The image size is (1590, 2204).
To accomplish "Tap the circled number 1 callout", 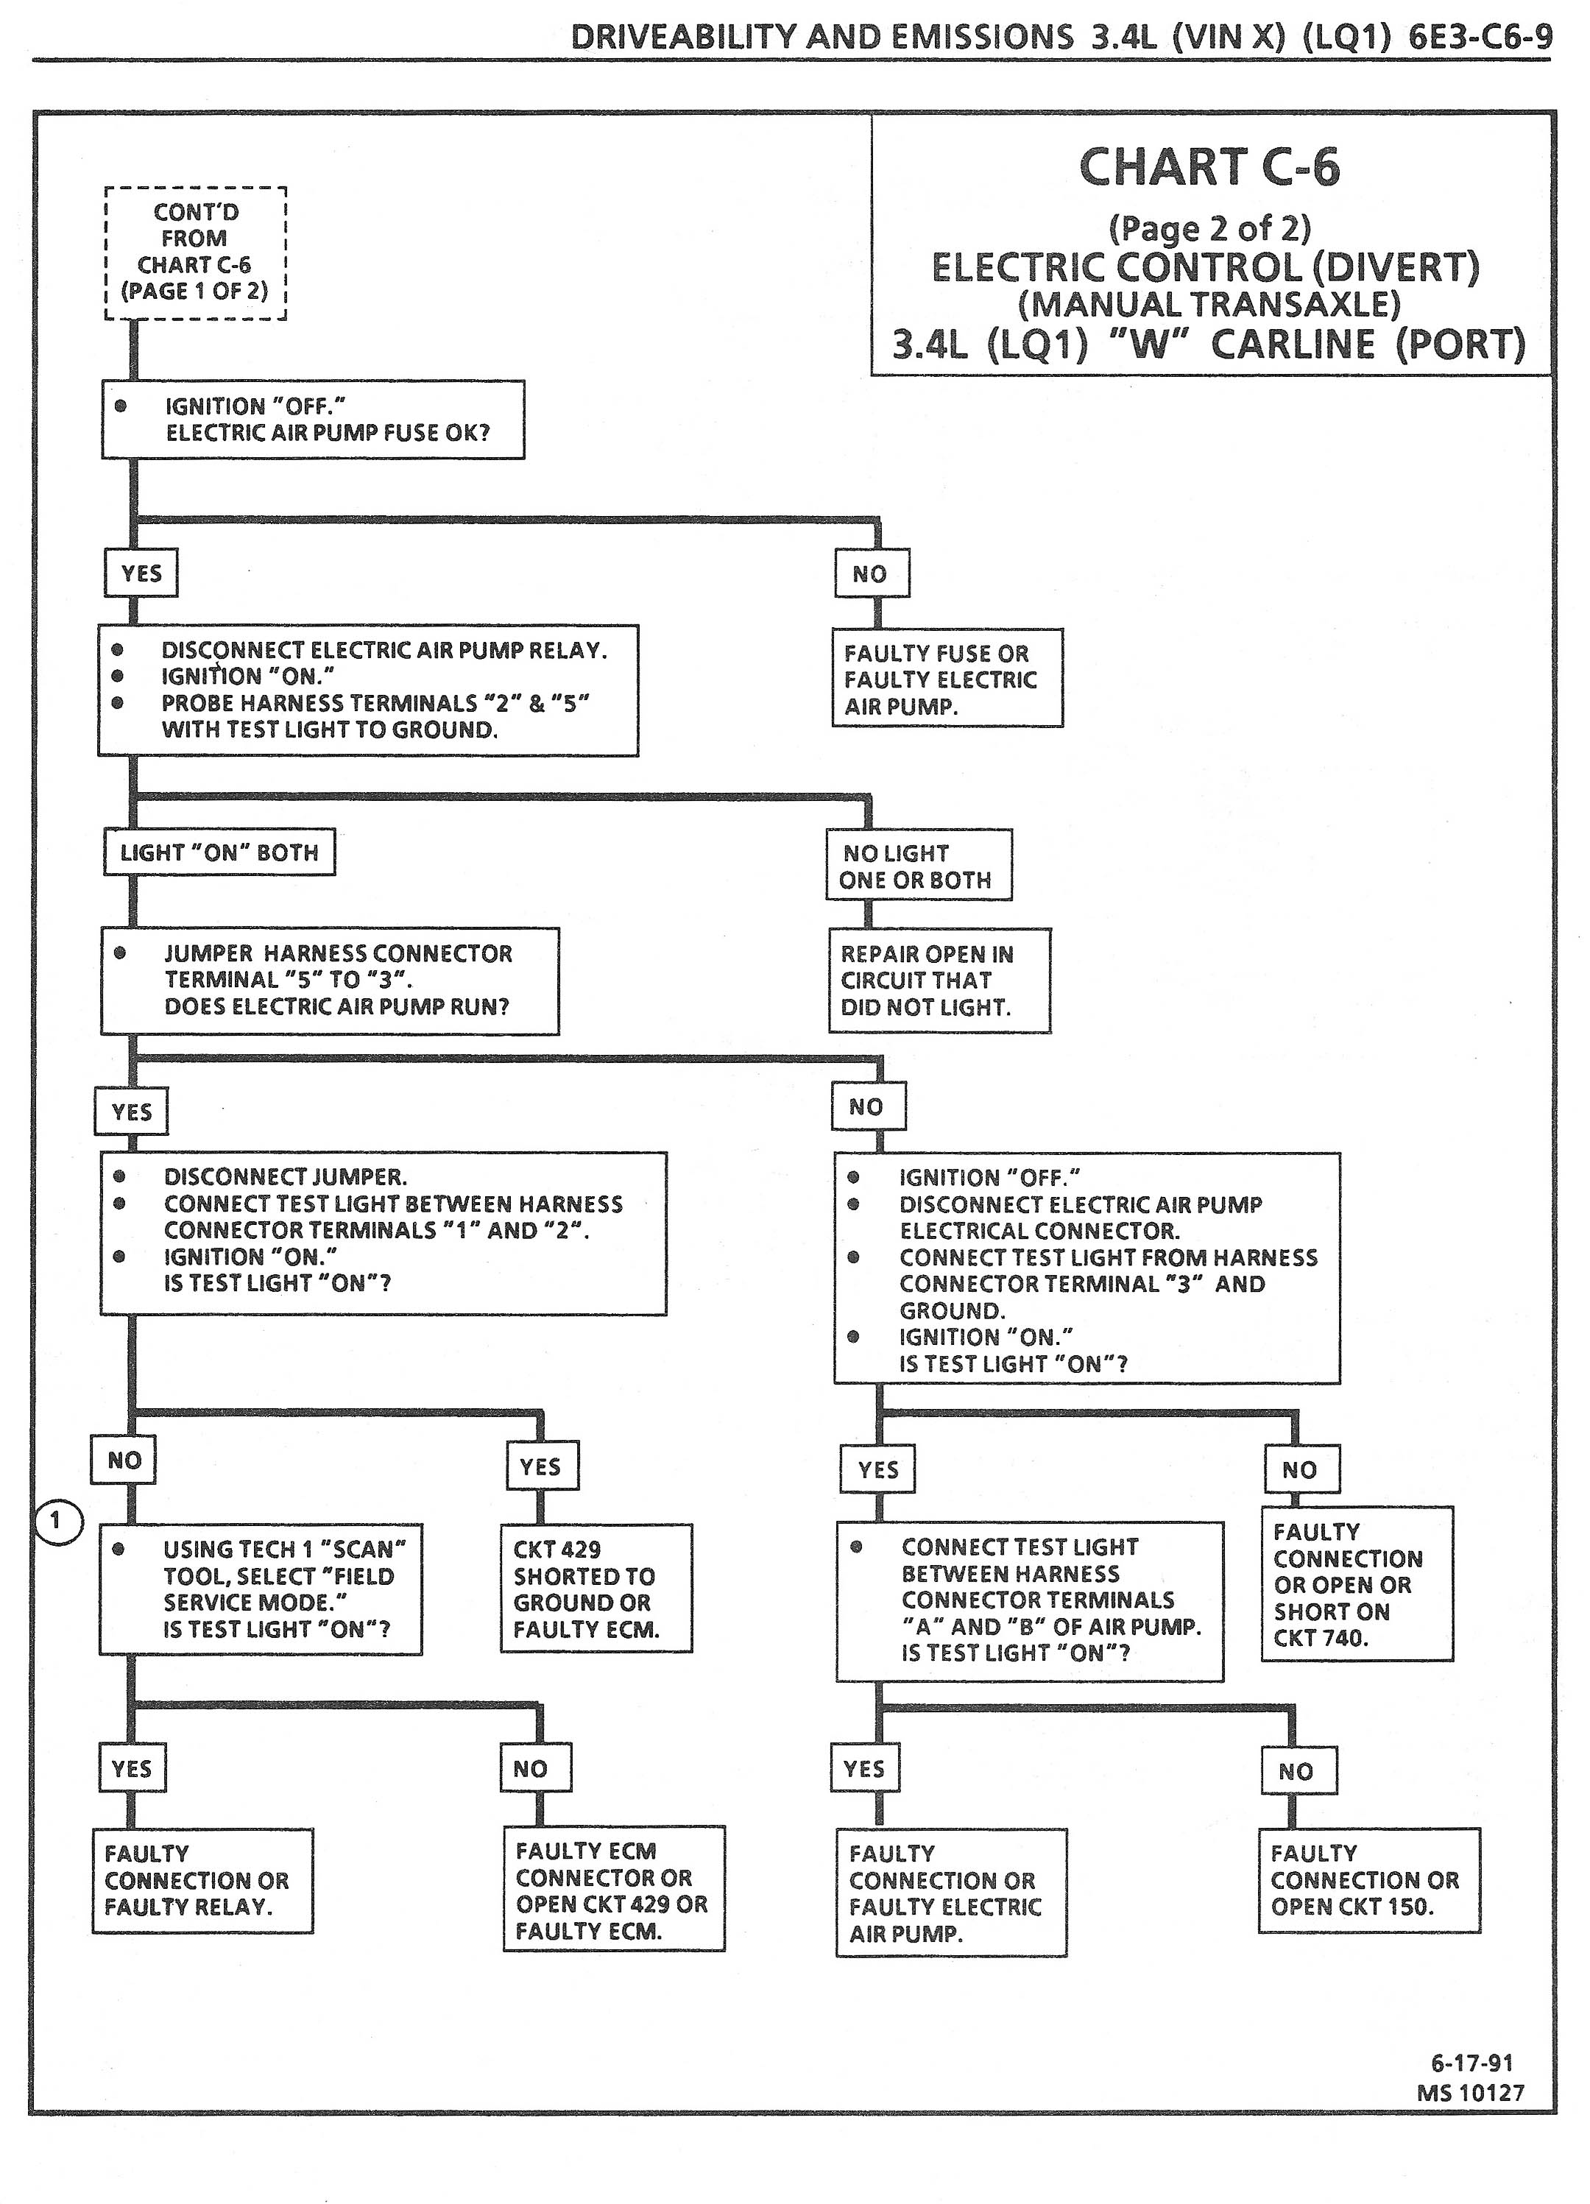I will (x=57, y=1522).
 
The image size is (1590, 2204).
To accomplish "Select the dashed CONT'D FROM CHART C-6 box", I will (x=195, y=252).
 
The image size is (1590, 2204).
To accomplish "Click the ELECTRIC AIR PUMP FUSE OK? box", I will (x=313, y=420).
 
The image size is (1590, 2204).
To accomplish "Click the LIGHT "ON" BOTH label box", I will (x=219, y=853).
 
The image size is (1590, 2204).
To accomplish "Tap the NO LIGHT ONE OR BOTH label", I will (x=917, y=866).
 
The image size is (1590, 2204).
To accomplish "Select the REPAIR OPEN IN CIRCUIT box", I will (x=939, y=981).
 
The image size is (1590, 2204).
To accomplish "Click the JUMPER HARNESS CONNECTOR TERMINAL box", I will (x=330, y=981).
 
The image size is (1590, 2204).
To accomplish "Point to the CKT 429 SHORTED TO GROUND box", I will (x=596, y=1589).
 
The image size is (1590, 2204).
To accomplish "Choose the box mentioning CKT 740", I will (x=1357, y=1585).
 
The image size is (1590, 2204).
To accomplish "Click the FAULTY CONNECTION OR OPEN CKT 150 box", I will (x=1368, y=1880).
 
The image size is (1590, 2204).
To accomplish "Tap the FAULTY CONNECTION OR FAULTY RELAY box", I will (x=203, y=1880).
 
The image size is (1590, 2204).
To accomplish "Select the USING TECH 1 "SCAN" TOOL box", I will (x=261, y=1589).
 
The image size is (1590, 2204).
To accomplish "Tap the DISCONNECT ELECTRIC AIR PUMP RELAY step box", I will (x=367, y=690).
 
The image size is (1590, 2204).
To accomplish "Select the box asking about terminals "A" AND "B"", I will (x=1029, y=1600).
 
